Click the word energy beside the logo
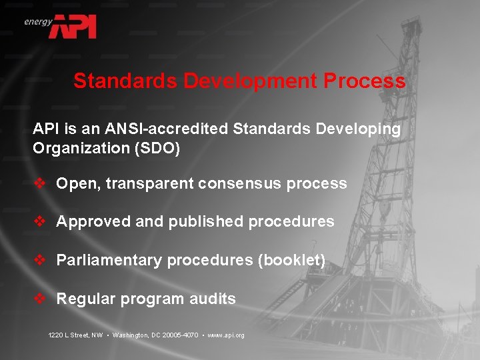[x=38, y=21]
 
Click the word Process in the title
[x=364, y=81]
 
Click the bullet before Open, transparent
[x=39, y=183]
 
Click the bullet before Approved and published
[x=39, y=221]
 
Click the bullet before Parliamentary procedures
[x=39, y=260]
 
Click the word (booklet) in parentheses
[x=291, y=260]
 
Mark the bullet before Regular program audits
[x=39, y=299]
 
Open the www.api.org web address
[x=226, y=335]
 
